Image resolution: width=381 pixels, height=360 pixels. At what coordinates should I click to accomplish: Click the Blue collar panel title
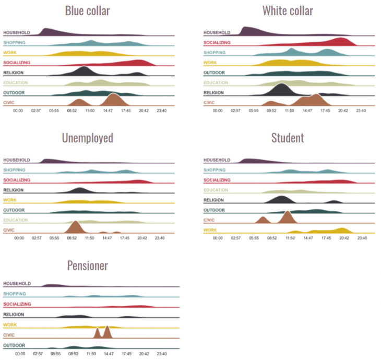click(x=87, y=10)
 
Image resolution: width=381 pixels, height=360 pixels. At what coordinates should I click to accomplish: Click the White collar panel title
click(x=288, y=10)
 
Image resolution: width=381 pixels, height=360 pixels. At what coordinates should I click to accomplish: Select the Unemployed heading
click(x=87, y=138)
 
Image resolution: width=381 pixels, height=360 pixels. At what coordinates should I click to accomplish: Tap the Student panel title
click(x=288, y=138)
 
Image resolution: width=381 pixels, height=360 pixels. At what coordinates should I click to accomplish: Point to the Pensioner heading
click(x=87, y=266)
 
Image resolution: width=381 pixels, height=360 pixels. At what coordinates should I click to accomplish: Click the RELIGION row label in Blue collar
click(x=14, y=73)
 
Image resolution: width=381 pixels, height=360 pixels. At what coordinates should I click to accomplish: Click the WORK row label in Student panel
click(x=209, y=230)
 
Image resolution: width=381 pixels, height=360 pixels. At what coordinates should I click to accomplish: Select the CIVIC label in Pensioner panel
click(x=9, y=335)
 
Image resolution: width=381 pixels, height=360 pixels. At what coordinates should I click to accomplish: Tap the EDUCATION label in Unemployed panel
click(x=15, y=220)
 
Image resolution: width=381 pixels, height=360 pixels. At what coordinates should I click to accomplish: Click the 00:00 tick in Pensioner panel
click(x=19, y=353)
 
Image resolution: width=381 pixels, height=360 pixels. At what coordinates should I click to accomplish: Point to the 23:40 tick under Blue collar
click(x=162, y=111)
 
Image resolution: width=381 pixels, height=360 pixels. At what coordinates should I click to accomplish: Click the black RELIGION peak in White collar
click(x=282, y=89)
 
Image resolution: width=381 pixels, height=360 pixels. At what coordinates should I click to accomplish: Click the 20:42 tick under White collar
click(x=342, y=111)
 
